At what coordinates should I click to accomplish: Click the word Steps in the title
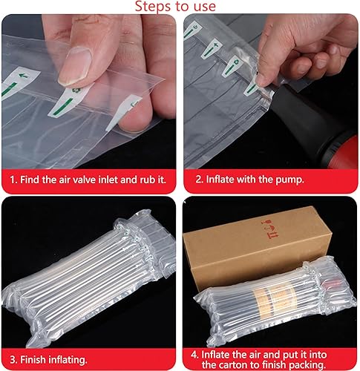tap(151, 6)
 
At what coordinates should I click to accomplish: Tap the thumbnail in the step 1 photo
tap(75, 65)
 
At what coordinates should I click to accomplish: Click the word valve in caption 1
tap(85, 180)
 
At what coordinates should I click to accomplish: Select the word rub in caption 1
tap(148, 180)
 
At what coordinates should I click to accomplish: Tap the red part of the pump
tap(344, 151)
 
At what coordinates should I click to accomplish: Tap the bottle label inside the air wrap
tap(274, 298)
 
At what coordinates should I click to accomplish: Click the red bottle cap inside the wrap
tap(328, 288)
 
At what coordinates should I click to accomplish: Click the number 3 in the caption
tap(13, 360)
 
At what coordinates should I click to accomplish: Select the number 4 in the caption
tap(194, 355)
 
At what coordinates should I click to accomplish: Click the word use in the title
tap(204, 7)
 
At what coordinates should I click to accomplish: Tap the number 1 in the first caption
tap(13, 180)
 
